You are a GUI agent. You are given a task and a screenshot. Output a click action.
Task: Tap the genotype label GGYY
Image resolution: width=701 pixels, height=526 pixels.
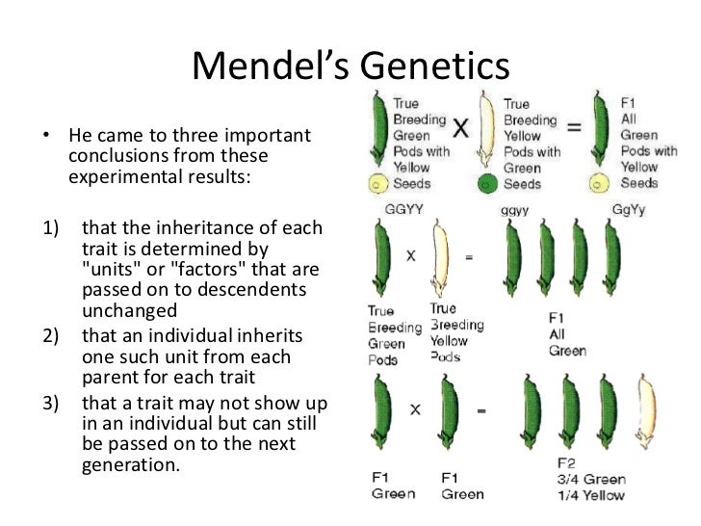pyautogui.click(x=388, y=208)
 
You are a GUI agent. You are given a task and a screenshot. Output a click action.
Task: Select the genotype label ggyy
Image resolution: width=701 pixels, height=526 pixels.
pyautogui.click(x=514, y=208)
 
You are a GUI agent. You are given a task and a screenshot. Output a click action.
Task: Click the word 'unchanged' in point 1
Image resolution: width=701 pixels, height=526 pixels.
pyautogui.click(x=130, y=311)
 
